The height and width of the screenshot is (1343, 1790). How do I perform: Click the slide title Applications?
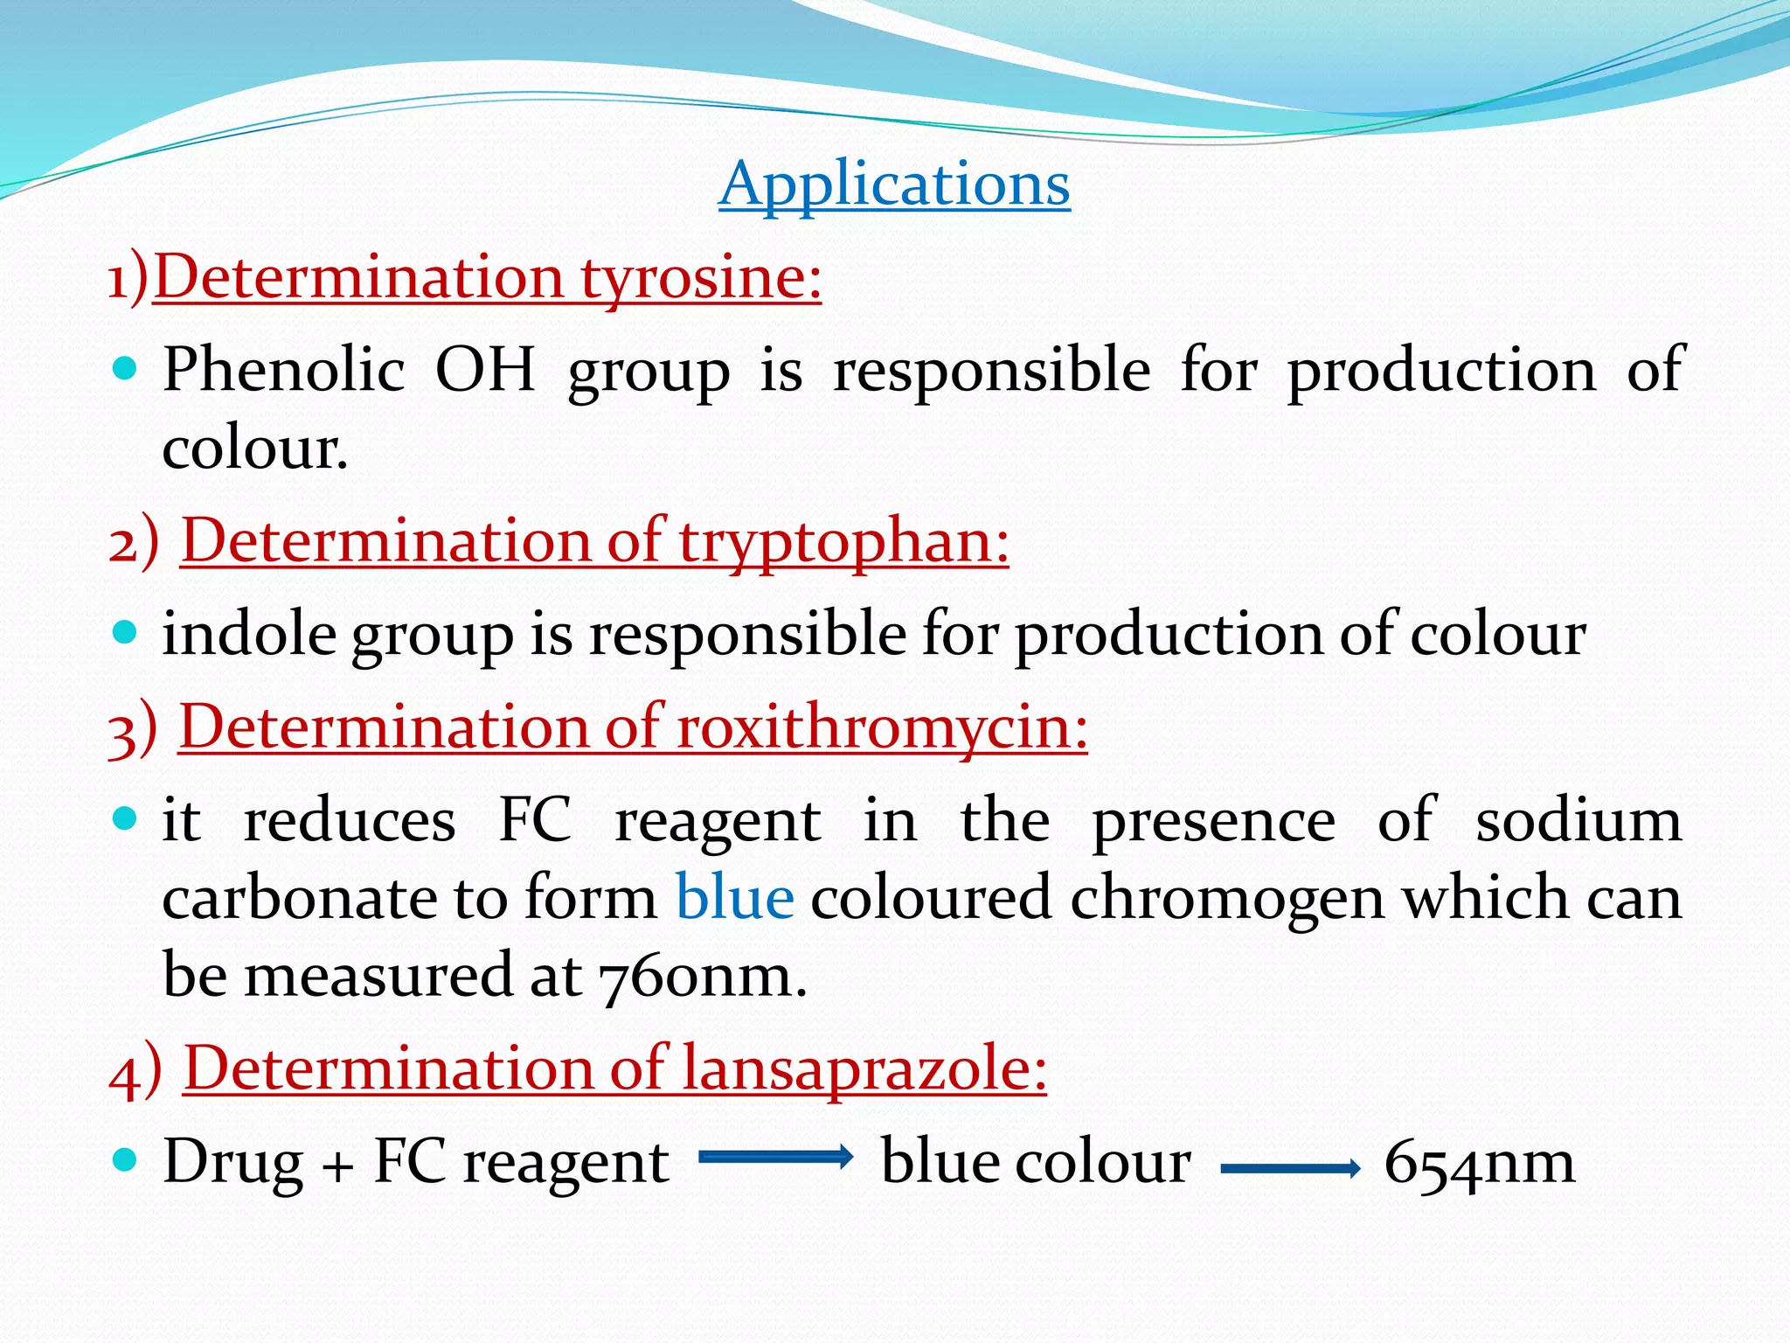894,184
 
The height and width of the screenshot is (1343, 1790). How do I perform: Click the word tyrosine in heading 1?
701,278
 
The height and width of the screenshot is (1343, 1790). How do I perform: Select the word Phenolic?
284,370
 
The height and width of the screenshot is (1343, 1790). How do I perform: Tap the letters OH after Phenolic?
485,370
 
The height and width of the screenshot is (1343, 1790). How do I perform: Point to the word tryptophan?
843,542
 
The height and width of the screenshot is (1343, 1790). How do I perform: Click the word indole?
250,634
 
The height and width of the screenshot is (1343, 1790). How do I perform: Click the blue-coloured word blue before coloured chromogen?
735,899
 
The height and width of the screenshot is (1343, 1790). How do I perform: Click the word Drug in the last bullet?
233,1163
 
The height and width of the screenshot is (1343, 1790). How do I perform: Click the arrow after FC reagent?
775,1158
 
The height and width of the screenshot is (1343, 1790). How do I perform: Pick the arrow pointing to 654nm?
1290,1168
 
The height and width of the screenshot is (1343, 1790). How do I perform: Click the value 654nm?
1480,1163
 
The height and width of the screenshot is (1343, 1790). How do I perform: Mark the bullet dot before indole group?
126,632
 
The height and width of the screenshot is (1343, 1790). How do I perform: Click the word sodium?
1578,822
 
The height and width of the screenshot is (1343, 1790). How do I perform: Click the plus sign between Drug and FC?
338,1167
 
